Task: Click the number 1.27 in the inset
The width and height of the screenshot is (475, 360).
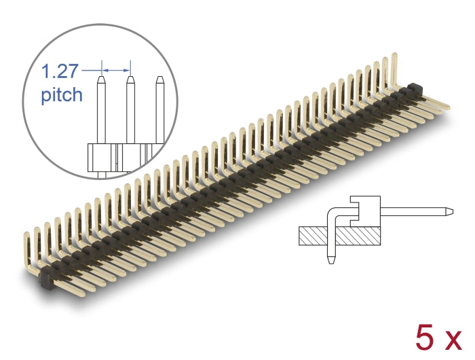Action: [60, 71]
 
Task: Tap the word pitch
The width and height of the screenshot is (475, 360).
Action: [62, 94]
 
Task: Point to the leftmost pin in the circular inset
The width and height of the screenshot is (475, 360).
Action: [101, 109]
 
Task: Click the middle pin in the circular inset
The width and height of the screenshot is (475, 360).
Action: [130, 109]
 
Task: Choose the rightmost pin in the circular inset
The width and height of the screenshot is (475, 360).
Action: [159, 109]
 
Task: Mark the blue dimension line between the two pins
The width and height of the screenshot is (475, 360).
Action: [115, 69]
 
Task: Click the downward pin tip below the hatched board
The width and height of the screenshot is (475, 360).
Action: [330, 259]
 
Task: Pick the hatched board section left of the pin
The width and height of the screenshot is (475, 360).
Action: [311, 236]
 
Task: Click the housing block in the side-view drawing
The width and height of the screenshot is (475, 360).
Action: [365, 211]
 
